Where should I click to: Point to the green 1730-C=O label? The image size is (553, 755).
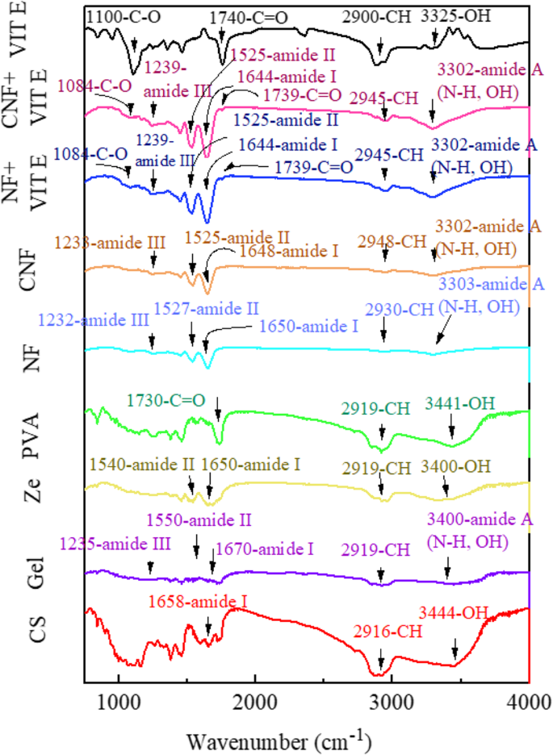tap(166, 399)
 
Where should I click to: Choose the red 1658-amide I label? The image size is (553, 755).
tap(197, 601)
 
